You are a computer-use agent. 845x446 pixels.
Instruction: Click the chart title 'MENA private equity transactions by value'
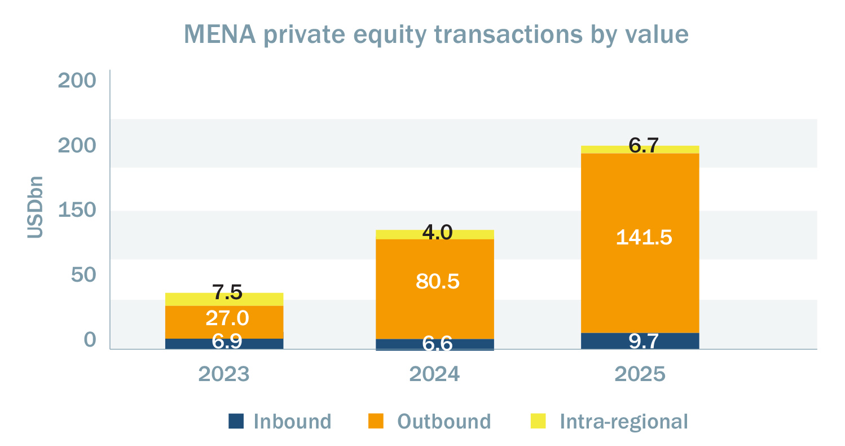436,34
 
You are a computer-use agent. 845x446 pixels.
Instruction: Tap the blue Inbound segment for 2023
224,343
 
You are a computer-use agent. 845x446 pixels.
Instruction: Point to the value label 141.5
644,237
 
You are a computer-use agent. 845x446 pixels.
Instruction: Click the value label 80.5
437,281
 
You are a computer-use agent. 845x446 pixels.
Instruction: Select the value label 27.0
227,318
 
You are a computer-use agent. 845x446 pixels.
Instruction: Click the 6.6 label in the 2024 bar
437,343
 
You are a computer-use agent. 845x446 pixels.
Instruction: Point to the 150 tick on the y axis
77,211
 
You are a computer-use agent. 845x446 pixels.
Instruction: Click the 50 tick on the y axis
83,275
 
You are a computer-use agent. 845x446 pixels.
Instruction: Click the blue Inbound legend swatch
236,421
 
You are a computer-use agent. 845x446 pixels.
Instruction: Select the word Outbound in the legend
444,421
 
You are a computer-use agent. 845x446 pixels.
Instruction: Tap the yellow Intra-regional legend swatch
539,421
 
